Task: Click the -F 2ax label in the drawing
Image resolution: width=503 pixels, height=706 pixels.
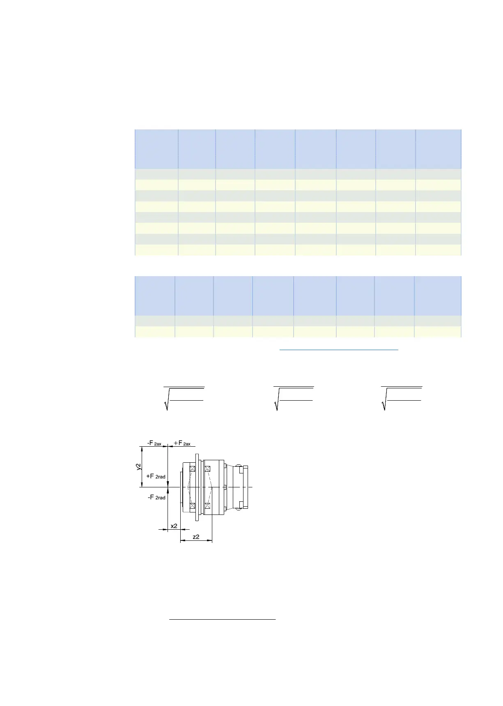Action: (x=154, y=443)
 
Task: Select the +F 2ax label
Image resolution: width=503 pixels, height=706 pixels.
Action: (x=182, y=443)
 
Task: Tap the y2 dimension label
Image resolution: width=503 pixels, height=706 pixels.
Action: (x=139, y=467)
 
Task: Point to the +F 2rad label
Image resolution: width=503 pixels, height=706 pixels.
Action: (x=156, y=476)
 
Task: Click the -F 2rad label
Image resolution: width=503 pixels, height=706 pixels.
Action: (x=156, y=497)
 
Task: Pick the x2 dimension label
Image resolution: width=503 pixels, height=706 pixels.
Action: (x=174, y=526)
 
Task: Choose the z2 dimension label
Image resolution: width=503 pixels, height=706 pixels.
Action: (x=196, y=537)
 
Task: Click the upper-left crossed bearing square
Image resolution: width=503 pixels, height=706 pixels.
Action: (x=192, y=468)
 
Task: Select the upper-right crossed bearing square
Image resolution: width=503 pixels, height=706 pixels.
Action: (x=207, y=468)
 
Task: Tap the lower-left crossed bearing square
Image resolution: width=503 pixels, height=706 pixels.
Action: (x=192, y=505)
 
